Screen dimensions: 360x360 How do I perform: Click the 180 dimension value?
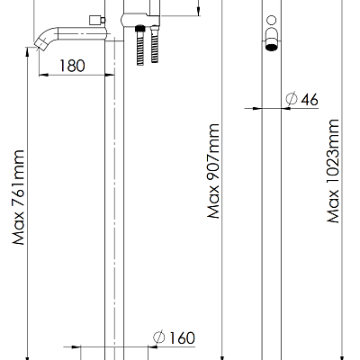click(72, 66)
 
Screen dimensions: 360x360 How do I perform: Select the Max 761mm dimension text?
click(18, 197)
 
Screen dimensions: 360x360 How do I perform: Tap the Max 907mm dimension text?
click(213, 171)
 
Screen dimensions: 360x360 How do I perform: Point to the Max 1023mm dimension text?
click(333, 171)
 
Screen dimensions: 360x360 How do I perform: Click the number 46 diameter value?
click(310, 99)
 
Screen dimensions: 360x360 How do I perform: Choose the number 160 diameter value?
click(182, 338)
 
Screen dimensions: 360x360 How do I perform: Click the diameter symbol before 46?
click(292, 98)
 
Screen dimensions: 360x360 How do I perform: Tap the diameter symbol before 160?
click(159, 337)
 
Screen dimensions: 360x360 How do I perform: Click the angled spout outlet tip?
click(41, 44)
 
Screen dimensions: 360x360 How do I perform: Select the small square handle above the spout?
click(94, 20)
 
